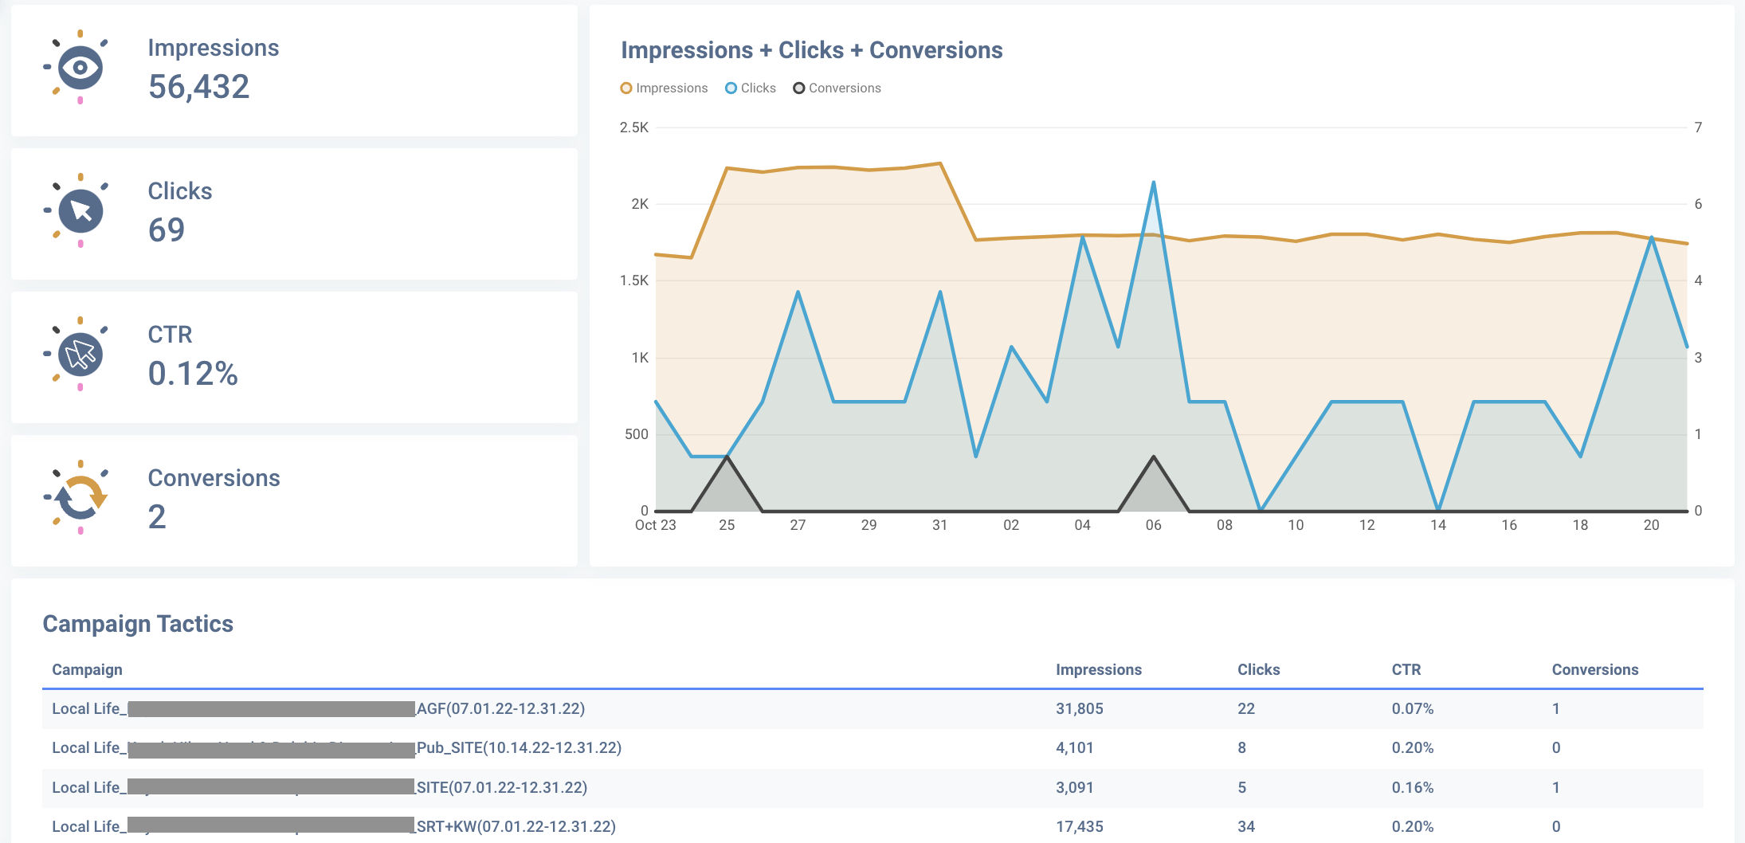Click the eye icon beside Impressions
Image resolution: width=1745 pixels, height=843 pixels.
tap(80, 67)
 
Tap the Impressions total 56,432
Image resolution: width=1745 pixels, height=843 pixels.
tap(198, 87)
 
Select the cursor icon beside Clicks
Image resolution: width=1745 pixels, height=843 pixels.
tap(80, 210)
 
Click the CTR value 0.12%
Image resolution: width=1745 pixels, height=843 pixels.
tap(193, 374)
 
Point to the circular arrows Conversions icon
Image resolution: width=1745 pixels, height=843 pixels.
tap(80, 497)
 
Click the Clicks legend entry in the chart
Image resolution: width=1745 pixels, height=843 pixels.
tap(750, 88)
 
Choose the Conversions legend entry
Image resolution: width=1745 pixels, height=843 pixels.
tap(837, 88)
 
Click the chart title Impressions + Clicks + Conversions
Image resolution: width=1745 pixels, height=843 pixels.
tap(811, 50)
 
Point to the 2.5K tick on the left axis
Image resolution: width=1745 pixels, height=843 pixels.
tap(634, 127)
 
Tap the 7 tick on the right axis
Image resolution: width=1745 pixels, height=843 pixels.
tap(1698, 127)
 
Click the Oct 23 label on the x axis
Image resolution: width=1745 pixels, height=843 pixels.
tap(655, 525)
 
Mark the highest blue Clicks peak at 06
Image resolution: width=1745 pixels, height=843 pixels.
tap(1153, 183)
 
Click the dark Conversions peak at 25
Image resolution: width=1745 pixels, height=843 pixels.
tap(727, 458)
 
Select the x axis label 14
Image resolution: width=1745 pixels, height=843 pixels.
tap(1437, 525)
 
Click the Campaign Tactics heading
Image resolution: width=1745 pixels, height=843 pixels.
tap(138, 624)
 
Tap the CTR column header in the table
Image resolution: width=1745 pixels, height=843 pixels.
tap(1406, 670)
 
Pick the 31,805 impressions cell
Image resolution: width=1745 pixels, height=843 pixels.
tap(1079, 709)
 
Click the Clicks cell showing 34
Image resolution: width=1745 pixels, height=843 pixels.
tap(1245, 827)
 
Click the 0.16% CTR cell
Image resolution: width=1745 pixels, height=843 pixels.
tap(1412, 788)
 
